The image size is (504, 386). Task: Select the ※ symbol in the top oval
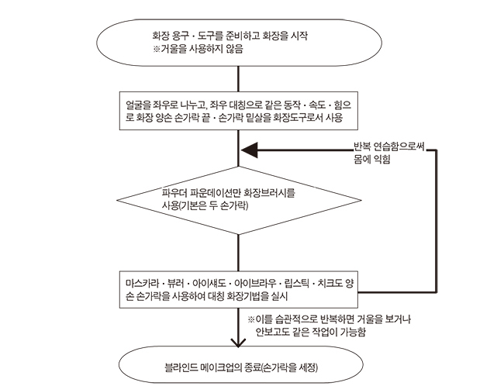156,49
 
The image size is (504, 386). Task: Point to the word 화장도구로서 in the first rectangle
298,118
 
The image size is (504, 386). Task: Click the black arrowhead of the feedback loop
250,150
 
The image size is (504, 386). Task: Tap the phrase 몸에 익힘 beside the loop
372,159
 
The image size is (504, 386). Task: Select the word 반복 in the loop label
362,146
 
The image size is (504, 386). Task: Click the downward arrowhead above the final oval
238,343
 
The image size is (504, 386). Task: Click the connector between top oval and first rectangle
238,79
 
